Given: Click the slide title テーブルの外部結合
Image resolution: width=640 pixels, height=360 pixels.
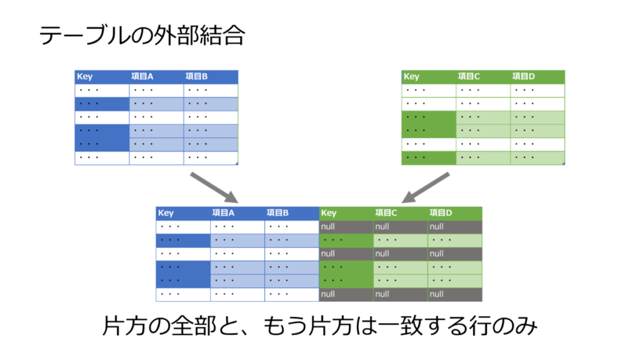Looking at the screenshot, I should click(142, 36).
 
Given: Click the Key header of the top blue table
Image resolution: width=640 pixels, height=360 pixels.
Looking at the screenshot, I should click(84, 77).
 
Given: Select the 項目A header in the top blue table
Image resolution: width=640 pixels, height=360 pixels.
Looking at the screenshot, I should click(142, 77).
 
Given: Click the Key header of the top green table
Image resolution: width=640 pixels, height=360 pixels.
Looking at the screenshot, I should click(411, 77).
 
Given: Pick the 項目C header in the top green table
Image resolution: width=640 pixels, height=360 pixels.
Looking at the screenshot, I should click(469, 77).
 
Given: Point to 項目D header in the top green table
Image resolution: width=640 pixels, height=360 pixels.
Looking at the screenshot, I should click(523, 77).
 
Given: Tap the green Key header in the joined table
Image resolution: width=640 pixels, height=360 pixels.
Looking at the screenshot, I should click(329, 213).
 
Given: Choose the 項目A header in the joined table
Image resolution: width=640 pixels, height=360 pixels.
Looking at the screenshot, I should click(223, 213).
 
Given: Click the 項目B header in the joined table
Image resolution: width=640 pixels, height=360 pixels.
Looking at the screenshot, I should click(277, 213).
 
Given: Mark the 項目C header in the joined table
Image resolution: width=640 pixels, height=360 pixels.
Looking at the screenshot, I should click(386, 213).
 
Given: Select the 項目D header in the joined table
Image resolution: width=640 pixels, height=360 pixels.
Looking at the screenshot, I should click(441, 213).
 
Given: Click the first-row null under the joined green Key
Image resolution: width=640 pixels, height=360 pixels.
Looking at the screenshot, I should click(329, 226).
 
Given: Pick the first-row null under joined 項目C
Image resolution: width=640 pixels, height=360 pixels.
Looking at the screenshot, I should click(382, 226).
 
